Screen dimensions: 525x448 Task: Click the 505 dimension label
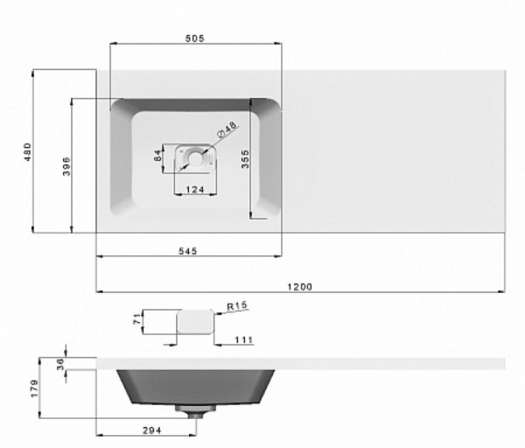point(194,38)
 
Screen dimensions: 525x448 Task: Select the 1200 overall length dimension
point(299,287)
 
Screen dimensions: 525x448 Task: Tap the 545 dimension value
point(187,251)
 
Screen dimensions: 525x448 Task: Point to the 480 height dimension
point(27,151)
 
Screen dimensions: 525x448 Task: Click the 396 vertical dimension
point(66,166)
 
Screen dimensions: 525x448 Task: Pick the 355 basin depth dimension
point(245,159)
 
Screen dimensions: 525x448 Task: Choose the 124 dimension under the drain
point(195,190)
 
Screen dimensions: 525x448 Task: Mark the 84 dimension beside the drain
point(157,155)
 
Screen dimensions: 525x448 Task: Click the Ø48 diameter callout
point(227,129)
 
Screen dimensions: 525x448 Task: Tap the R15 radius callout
point(237,305)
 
